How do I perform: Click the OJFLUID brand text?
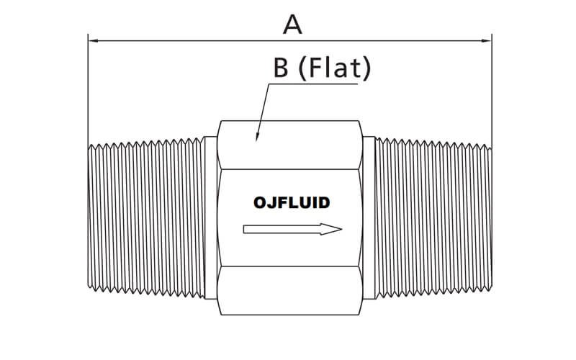pyautogui.click(x=292, y=202)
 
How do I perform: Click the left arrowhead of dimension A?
pyautogui.click(x=92, y=41)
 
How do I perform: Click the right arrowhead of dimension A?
pyautogui.click(x=487, y=41)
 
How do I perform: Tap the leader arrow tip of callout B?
pyautogui.click(x=256, y=137)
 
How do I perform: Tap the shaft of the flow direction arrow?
pyautogui.click(x=281, y=230)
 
